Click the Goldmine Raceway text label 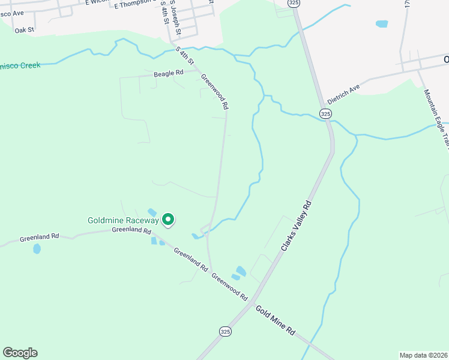pos(123,220)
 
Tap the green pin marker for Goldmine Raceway pos(169,220)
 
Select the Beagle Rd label pos(168,73)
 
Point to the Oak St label pos(25,29)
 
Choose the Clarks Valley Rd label pos(297,226)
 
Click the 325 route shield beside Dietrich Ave pos(325,113)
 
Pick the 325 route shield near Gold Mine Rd pos(224,331)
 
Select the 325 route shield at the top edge pos(294,3)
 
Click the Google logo pos(20,353)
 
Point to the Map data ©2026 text pos(423,355)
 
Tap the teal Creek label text pos(20,65)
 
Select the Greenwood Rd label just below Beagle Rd pos(215,91)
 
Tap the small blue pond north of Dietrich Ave pos(381,25)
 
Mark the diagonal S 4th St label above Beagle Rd pos(185,56)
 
